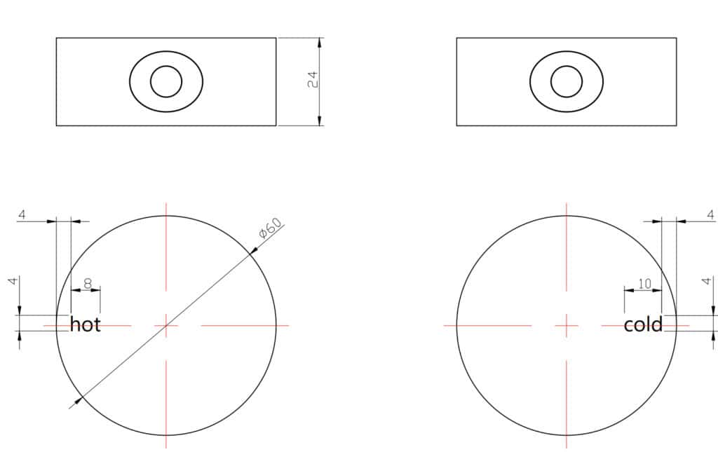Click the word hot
(x=85, y=324)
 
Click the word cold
(x=643, y=324)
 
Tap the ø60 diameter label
(x=270, y=228)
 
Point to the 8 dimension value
(x=88, y=284)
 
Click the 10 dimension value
(x=644, y=284)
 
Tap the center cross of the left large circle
(x=166, y=325)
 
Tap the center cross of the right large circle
(x=567, y=325)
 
